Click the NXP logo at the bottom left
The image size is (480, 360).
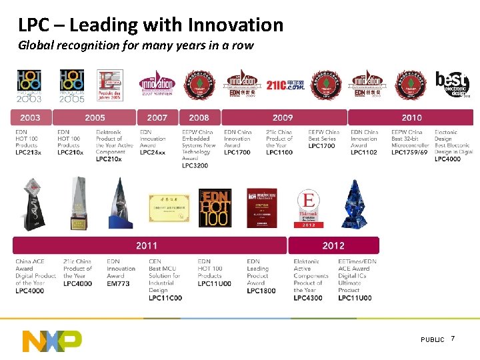(52, 340)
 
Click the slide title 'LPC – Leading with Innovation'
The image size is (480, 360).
(151, 25)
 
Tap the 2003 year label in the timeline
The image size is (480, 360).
(30, 117)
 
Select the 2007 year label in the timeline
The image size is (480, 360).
(157, 117)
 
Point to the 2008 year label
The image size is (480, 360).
(199, 117)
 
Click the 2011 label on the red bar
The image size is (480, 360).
(147, 245)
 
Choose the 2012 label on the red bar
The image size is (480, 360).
(333, 245)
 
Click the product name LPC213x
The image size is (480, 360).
(28, 152)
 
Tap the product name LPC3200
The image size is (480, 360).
(195, 165)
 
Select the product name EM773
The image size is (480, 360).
(118, 283)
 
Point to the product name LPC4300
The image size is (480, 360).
(307, 297)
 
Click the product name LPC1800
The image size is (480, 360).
(261, 290)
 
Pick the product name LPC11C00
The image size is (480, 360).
(165, 297)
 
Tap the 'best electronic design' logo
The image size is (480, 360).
(453, 84)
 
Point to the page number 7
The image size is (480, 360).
(453, 339)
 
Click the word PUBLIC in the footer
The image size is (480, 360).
(432, 340)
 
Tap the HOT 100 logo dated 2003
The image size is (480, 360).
(29, 86)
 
